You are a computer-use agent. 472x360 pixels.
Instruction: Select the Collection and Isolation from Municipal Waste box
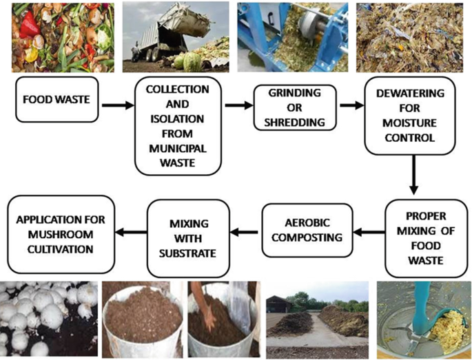point(178,127)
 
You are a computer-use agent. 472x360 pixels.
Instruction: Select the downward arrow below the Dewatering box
point(413,176)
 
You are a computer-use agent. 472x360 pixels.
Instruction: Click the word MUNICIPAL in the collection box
point(178,149)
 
